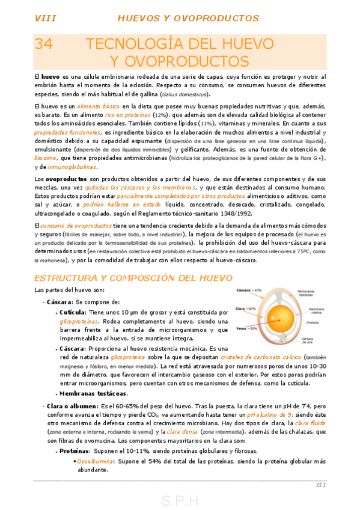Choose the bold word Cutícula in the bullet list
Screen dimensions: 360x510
(x=72, y=313)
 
